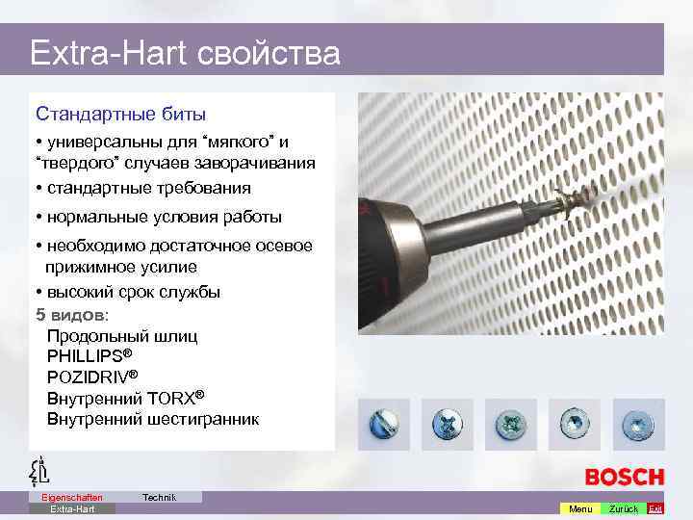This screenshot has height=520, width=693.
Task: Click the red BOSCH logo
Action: (624, 477)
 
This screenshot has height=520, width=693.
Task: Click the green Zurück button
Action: (623, 508)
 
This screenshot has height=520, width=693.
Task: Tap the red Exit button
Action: (655, 508)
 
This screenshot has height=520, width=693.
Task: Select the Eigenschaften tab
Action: (72, 497)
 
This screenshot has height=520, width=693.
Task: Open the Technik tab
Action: (159, 497)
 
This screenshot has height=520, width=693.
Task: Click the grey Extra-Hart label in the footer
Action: (72, 508)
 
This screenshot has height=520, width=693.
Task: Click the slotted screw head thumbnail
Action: (383, 425)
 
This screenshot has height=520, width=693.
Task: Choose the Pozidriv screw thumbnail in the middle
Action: (510, 425)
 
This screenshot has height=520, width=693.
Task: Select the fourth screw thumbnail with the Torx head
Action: (574, 425)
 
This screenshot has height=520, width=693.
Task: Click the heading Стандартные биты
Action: (120, 114)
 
